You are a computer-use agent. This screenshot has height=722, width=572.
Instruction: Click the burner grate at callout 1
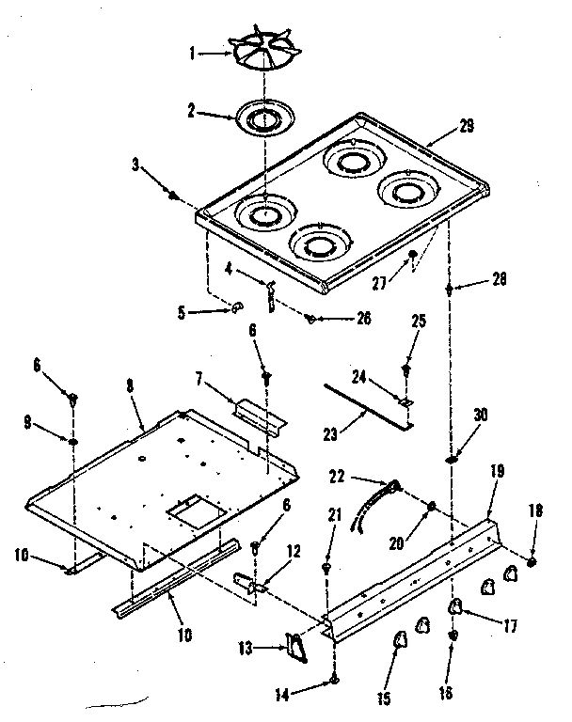pos(263,52)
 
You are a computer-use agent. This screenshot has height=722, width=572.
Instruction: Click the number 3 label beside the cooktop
pos(135,166)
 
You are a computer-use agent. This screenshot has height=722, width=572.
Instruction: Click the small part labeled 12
pos(251,585)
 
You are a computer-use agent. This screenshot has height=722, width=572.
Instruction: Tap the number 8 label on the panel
pos(129,385)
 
